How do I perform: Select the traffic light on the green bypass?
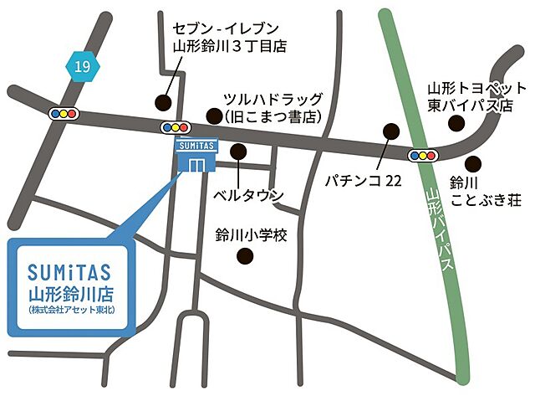coord(423,155)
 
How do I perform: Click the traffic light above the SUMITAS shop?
coord(176,127)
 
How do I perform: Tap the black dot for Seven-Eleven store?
coord(162,102)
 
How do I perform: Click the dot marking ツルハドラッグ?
coord(216,116)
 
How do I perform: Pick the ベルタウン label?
coord(247,196)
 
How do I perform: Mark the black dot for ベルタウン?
coord(238,152)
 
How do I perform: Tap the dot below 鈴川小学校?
coord(245,257)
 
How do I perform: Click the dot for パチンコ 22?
coord(390,131)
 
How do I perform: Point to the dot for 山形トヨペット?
coord(456,123)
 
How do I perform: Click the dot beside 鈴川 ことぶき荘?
coord(474,162)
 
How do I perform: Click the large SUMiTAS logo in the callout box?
coord(69,272)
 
